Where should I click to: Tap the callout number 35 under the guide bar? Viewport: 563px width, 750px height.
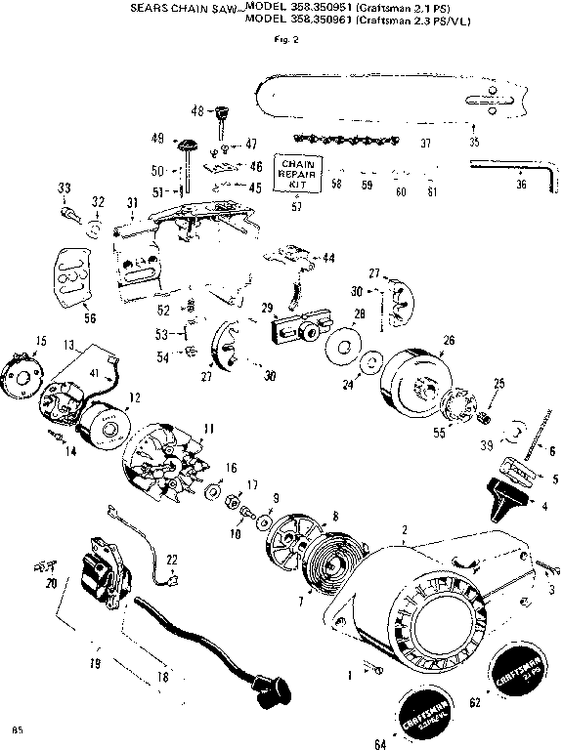475,142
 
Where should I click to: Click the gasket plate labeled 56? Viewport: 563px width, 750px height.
69,279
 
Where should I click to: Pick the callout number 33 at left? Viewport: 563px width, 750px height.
65,187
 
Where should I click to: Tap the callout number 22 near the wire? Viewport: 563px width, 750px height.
172,560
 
